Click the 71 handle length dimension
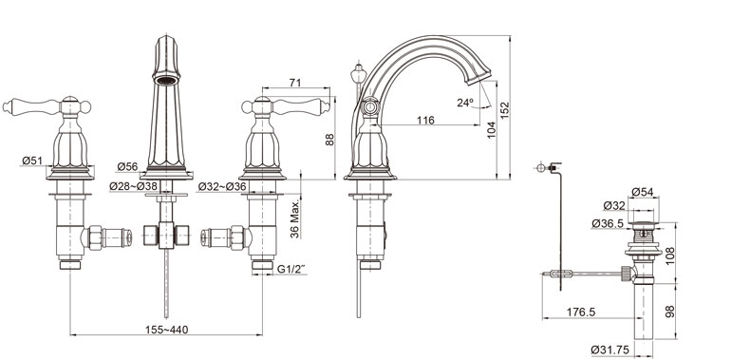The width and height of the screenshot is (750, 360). pyautogui.click(x=295, y=83)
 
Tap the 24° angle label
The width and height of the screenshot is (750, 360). pyautogui.click(x=465, y=103)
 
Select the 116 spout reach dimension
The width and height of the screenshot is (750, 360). pyautogui.click(x=425, y=120)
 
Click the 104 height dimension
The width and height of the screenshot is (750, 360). pyautogui.click(x=491, y=130)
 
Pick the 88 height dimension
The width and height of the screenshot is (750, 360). pyautogui.click(x=329, y=140)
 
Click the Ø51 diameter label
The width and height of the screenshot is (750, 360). pyautogui.click(x=32, y=161)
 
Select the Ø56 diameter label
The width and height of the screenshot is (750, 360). pyautogui.click(x=127, y=166)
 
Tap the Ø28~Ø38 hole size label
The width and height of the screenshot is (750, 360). pyautogui.click(x=133, y=186)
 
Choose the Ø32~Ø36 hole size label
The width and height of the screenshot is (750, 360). pyautogui.click(x=222, y=186)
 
